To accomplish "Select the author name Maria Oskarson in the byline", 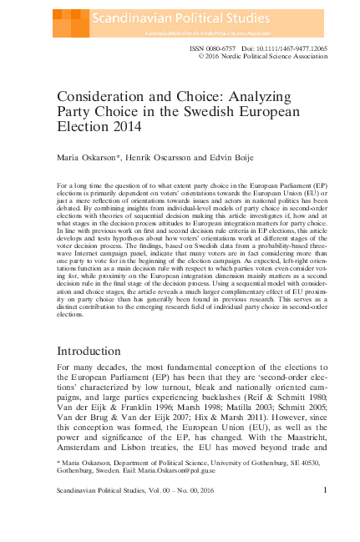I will pos(86,156).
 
